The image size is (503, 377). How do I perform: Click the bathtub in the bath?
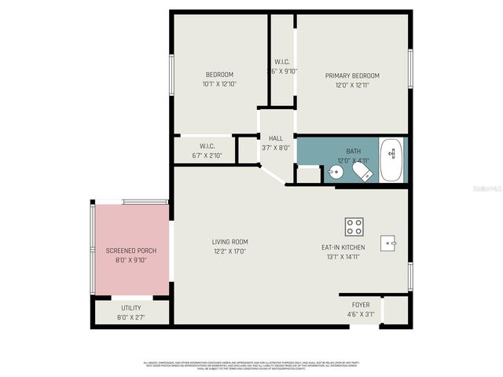pyautogui.click(x=392, y=160)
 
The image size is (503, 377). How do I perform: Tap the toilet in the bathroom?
pyautogui.click(x=362, y=171)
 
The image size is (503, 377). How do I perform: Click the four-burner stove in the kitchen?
pyautogui.click(x=354, y=227)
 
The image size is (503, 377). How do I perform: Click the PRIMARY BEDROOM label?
pyautogui.click(x=352, y=75)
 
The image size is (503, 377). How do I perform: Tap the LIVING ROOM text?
pyautogui.click(x=229, y=241)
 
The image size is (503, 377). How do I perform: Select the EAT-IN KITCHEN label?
pyautogui.click(x=343, y=247)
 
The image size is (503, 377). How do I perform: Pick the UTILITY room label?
pyautogui.click(x=131, y=307)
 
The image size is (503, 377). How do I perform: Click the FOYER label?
pyautogui.click(x=361, y=305)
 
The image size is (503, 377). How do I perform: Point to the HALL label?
pyautogui.click(x=275, y=138)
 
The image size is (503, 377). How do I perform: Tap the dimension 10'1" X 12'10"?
pyautogui.click(x=219, y=83)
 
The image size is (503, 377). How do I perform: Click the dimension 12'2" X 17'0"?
pyautogui.click(x=229, y=251)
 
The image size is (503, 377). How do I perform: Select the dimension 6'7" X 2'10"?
pyautogui.click(x=207, y=156)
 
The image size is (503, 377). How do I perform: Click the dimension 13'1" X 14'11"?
pyautogui.click(x=343, y=257)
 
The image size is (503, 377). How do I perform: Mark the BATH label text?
pyautogui.click(x=353, y=151)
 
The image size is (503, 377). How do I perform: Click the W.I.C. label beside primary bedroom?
pyautogui.click(x=283, y=62)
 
